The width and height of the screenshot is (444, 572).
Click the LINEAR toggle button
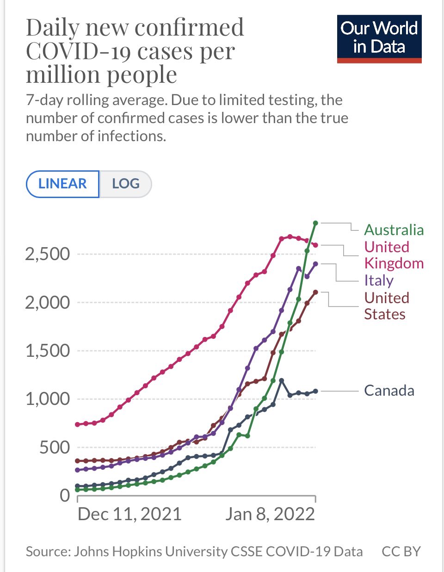(x=62, y=184)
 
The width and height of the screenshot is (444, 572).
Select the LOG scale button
(x=125, y=184)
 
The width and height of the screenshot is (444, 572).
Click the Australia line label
(x=394, y=230)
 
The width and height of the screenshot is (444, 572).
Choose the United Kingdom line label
(x=394, y=255)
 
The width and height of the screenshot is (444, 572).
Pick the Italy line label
(x=379, y=280)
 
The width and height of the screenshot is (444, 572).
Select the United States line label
(x=387, y=306)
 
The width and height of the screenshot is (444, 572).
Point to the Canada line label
(x=389, y=391)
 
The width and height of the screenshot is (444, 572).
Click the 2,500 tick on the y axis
(x=48, y=254)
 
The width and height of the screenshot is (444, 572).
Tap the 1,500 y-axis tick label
(x=48, y=351)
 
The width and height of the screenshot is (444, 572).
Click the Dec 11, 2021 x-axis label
(x=129, y=514)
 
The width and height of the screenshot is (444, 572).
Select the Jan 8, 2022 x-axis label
(x=270, y=514)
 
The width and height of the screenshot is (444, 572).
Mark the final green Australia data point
(x=315, y=223)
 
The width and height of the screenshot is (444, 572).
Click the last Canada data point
(x=315, y=391)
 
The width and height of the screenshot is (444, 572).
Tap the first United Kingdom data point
(x=77, y=424)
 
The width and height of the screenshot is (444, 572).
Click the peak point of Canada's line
(x=281, y=380)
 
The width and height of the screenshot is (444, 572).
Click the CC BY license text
(x=401, y=552)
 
